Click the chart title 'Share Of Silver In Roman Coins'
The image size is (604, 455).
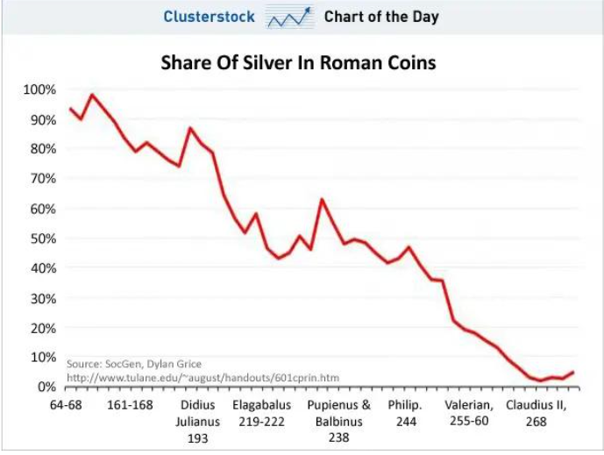298,63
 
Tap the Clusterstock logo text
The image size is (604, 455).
209,17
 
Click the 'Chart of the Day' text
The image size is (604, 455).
381,17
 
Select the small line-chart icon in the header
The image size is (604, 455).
290,17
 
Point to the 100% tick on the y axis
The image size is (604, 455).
39,89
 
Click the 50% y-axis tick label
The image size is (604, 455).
41,238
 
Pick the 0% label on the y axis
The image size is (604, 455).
45,387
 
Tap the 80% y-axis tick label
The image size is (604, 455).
41,149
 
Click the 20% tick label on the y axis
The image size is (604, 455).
41,328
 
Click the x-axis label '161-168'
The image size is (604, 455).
130,406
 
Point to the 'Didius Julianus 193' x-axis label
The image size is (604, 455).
198,422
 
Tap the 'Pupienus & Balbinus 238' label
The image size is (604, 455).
338,422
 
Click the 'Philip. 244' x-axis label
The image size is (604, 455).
405,414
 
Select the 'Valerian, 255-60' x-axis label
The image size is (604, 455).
469,414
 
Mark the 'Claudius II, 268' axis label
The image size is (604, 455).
536,414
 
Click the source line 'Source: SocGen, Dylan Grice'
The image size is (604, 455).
134,364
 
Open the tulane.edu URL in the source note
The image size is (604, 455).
203,378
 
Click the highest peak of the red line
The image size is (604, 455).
92,95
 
